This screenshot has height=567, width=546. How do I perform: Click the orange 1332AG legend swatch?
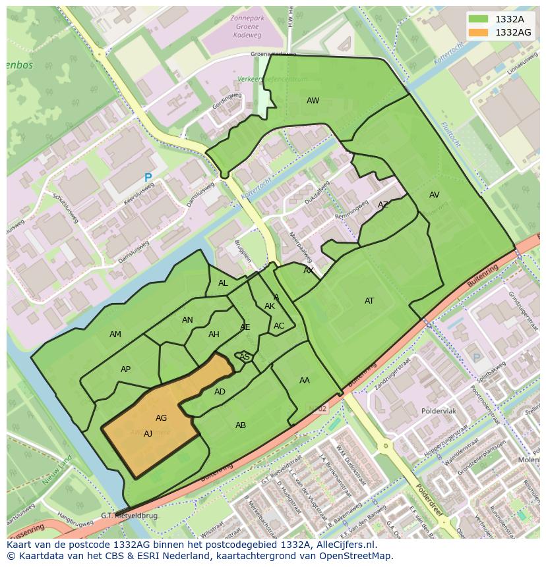479,32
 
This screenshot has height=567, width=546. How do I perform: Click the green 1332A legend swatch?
479,19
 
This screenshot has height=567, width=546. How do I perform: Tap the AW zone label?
313,101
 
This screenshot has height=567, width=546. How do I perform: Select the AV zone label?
434,195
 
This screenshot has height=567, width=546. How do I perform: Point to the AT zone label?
369,301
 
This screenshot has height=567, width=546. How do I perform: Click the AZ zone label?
383,205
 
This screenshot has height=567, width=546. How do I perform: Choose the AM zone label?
115,335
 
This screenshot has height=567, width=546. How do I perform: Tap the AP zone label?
125,369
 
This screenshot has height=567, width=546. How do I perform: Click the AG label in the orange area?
161,418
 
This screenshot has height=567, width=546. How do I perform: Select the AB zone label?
241,425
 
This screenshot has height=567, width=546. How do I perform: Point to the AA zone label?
304,381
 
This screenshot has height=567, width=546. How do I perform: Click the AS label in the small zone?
244,357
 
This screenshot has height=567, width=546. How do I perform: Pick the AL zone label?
223,283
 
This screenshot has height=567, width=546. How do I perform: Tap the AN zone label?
187,320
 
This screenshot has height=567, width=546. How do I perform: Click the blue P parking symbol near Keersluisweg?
148,178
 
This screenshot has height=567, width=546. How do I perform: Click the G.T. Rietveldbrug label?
129,516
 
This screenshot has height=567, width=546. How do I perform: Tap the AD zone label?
220,392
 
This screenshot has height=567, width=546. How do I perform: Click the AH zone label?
214,335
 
